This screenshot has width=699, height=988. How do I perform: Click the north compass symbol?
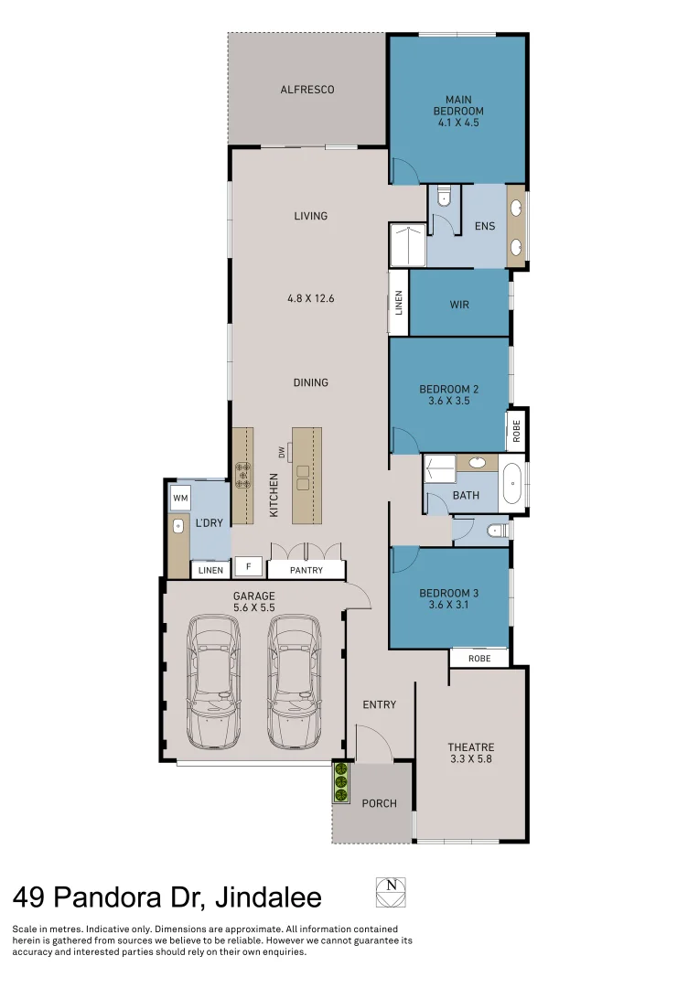click(x=391, y=892)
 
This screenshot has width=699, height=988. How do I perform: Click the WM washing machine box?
click(x=180, y=499)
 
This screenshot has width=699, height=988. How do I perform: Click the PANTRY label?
click(x=306, y=570)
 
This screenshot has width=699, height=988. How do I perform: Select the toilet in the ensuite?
click(x=445, y=196)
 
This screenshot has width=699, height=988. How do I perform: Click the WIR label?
click(x=459, y=305)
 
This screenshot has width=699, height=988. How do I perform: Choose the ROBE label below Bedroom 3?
click(x=479, y=659)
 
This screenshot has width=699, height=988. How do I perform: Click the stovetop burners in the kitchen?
click(x=242, y=475)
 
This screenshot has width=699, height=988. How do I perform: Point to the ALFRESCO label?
click(x=306, y=90)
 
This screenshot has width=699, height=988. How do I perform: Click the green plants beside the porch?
click(x=341, y=783)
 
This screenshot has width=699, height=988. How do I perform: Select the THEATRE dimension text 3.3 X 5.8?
click(x=471, y=758)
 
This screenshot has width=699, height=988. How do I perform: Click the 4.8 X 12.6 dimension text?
click(x=310, y=297)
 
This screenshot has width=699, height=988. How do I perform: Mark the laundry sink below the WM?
click(x=178, y=527)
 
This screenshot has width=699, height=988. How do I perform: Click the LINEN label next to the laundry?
click(x=210, y=570)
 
